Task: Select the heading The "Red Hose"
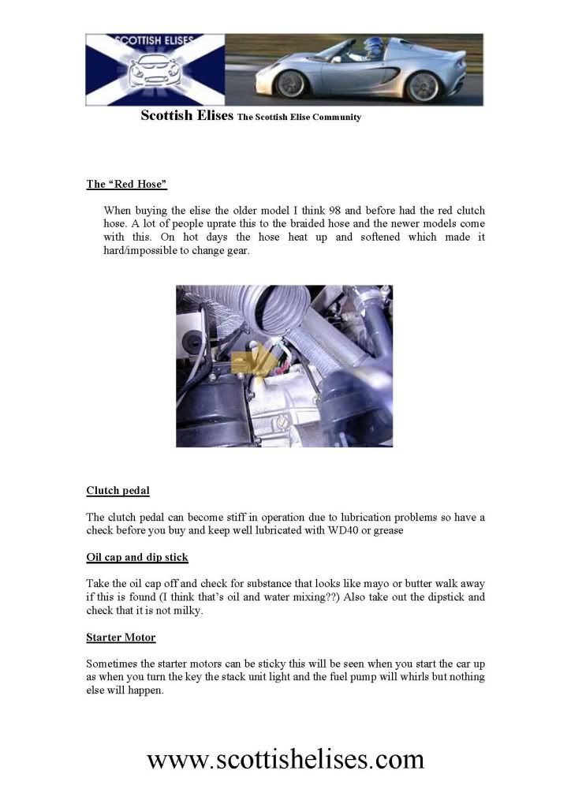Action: (126, 185)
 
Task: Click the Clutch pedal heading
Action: (118, 491)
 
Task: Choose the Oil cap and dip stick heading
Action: (136, 557)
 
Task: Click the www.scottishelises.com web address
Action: (285, 759)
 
